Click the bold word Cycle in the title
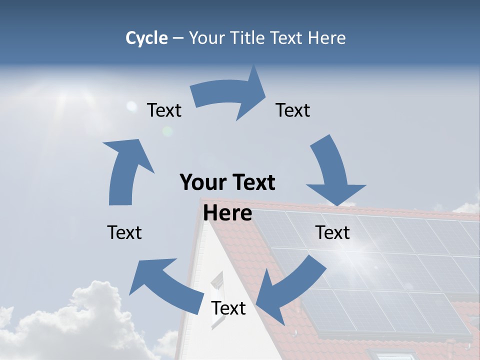coord(146,38)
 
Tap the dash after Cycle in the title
coord(178,38)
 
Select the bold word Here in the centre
coord(227,213)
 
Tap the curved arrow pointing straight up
coord(125,170)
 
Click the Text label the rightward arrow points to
coord(293,110)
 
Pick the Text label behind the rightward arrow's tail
coord(164,110)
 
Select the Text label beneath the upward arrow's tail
coord(124,232)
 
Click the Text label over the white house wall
coord(228,308)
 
